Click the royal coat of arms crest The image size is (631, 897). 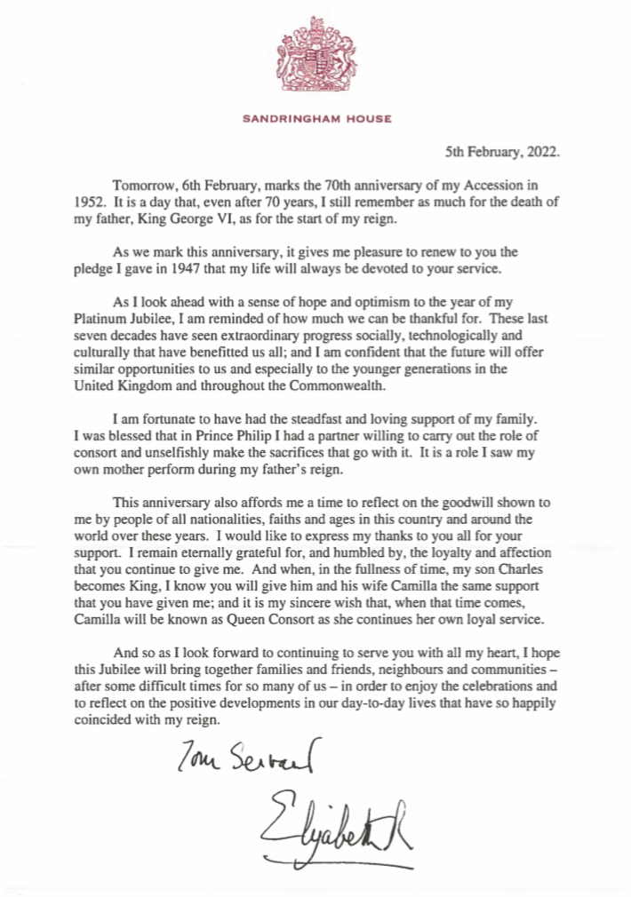click(316, 60)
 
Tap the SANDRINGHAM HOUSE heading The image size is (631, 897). click(316, 116)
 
